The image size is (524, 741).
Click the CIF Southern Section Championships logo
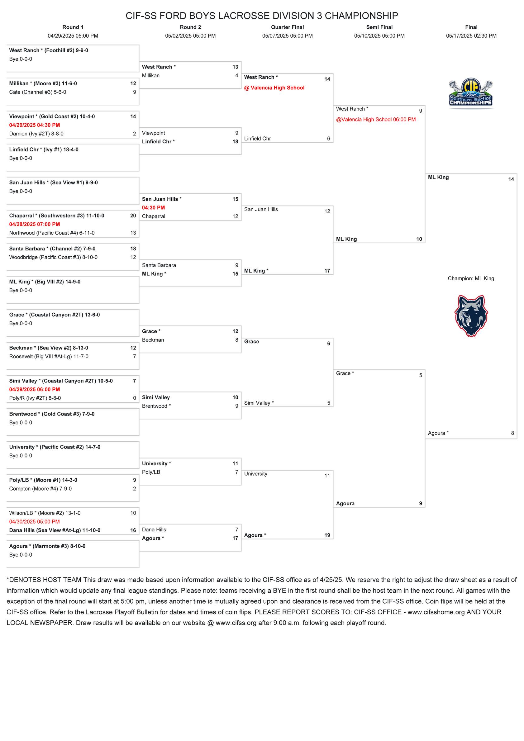[471, 93]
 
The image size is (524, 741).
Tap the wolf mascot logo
[471, 315]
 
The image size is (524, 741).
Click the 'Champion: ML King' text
[471, 278]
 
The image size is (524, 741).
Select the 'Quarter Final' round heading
[287, 27]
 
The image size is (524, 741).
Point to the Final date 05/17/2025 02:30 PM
[471, 36]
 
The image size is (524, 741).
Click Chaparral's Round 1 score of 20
[133, 216]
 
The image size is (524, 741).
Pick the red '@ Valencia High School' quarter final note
[274, 88]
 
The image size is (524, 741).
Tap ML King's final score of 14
[511, 179]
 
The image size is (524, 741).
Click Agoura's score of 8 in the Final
[512, 433]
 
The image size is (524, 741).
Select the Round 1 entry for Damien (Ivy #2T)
[36, 134]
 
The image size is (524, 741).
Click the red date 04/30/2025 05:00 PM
[35, 521]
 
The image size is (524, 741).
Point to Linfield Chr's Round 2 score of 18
[235, 142]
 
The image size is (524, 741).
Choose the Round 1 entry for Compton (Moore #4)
[40, 489]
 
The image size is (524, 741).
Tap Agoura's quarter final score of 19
[327, 535]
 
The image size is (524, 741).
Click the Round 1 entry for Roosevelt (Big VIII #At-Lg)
[49, 356]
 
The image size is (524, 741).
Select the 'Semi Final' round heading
[379, 27]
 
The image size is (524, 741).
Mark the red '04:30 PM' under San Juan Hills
[153, 208]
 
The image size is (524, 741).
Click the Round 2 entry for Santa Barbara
[159, 265]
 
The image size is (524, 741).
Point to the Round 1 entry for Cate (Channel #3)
[37, 92]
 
